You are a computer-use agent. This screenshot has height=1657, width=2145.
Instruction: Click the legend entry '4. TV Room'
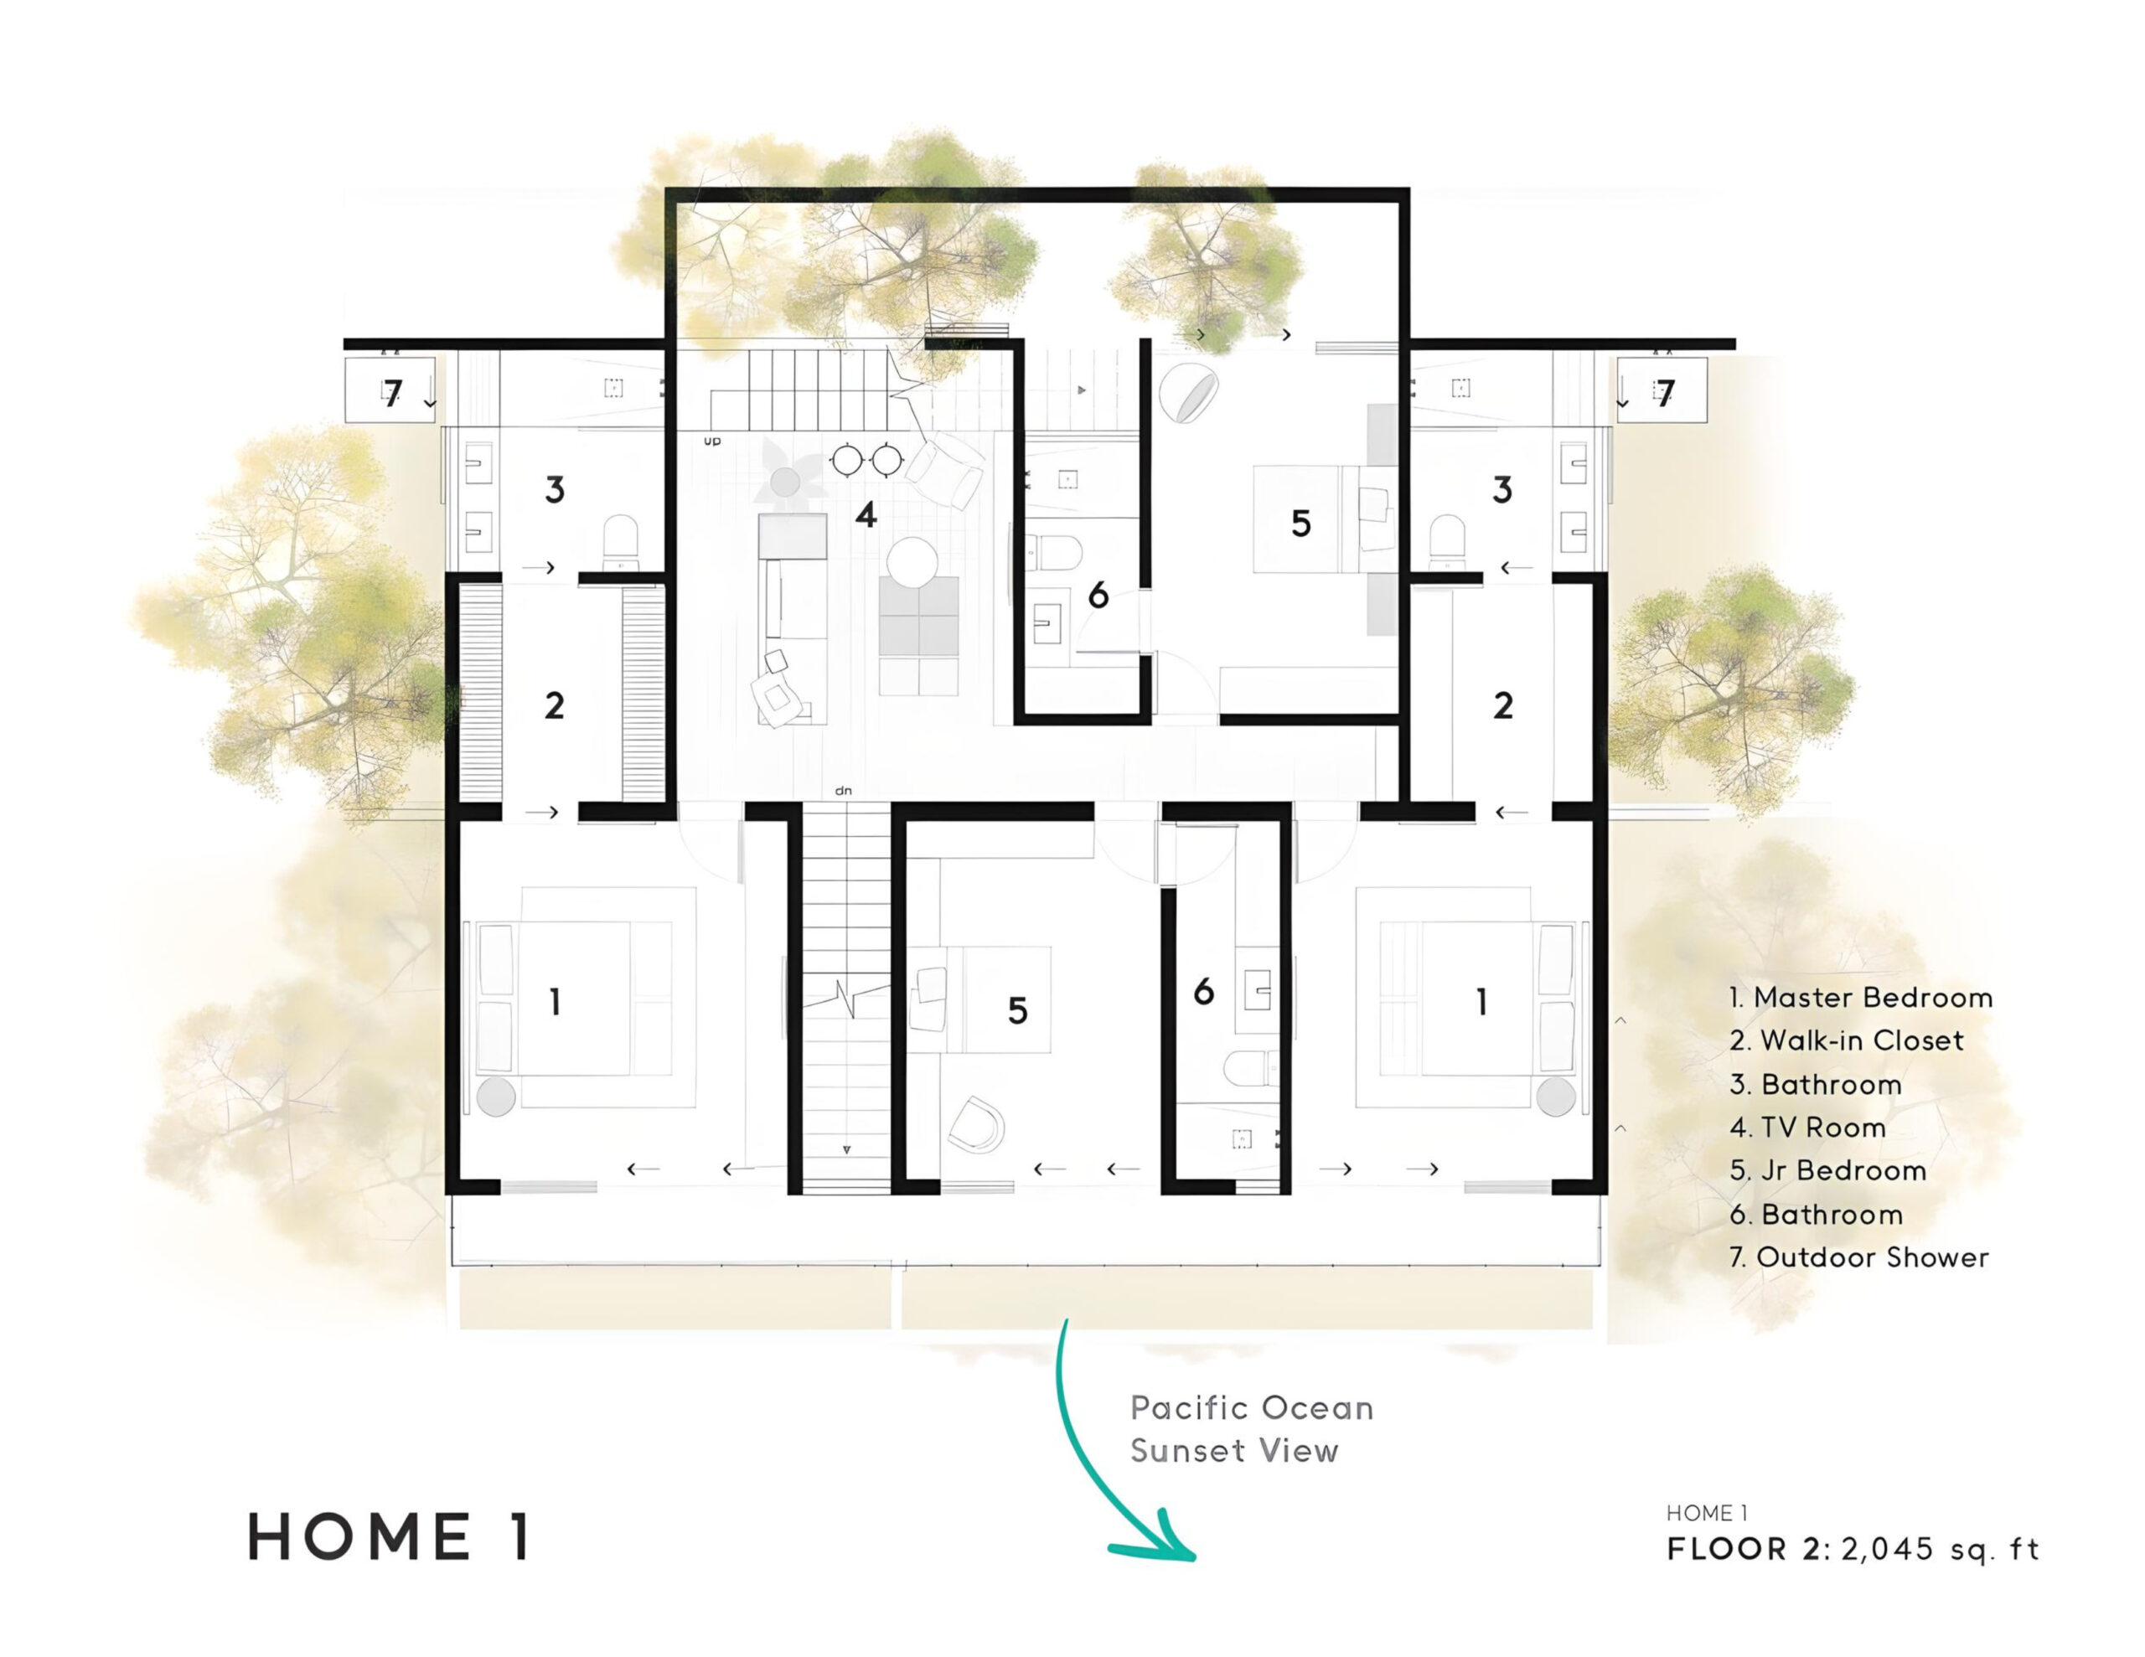[1807, 1128]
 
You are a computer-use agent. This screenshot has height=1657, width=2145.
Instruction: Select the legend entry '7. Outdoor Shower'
[1858, 1257]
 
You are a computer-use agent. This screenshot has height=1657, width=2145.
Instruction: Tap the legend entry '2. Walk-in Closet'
[1847, 1040]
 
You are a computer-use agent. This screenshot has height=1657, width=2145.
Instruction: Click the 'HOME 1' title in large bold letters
[391, 1537]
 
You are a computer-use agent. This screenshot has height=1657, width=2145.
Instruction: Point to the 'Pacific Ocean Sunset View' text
[1250, 1429]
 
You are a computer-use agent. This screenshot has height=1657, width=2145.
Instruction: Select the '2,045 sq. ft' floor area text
[1940, 1550]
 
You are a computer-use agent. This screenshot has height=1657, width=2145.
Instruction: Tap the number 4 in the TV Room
[866, 514]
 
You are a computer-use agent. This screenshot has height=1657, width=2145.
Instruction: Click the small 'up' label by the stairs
[712, 441]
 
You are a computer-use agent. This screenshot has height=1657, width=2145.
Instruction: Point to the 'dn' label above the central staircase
[843, 791]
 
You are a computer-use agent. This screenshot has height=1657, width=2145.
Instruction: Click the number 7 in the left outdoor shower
[393, 394]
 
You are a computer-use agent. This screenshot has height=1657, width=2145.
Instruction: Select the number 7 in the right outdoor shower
[1664, 394]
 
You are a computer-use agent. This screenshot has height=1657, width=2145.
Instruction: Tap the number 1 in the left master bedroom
[555, 1002]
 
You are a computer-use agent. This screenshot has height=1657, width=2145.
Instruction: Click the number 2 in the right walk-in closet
[1502, 705]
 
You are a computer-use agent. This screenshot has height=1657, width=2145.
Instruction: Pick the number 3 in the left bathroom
[555, 489]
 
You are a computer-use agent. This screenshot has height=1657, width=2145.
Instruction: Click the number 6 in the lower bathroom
[1203, 992]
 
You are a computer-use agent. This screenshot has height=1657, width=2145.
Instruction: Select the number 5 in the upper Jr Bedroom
[1300, 524]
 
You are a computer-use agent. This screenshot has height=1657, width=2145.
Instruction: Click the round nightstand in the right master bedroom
[1556, 1097]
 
